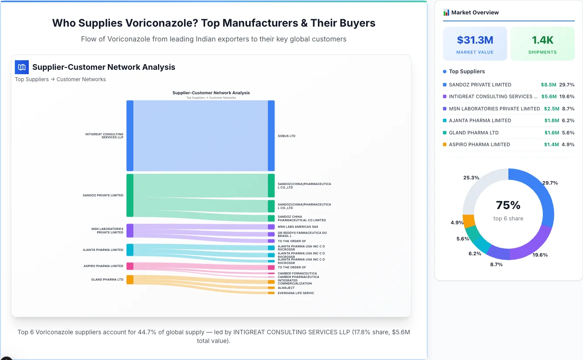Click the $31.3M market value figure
click(x=475, y=40)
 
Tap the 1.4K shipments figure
click(x=542, y=40)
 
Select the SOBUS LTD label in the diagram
click(x=286, y=136)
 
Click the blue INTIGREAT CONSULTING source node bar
click(x=130, y=136)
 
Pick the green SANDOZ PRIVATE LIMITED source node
click(x=130, y=195)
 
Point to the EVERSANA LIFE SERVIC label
click(x=295, y=293)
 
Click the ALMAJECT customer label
click(x=286, y=288)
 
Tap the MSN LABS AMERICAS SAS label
click(x=298, y=227)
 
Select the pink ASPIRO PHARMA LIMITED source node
click(x=130, y=266)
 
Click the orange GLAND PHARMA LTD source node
click(x=130, y=280)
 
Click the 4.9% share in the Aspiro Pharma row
click(x=568, y=144)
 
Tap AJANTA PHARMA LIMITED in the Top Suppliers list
click(x=480, y=120)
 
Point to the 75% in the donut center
click(x=508, y=205)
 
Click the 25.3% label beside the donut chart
click(x=471, y=178)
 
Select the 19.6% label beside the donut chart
click(x=540, y=255)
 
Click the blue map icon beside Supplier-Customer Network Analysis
click(x=22, y=67)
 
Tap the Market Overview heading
click(x=475, y=13)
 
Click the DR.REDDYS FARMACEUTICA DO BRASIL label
click(x=302, y=234)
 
